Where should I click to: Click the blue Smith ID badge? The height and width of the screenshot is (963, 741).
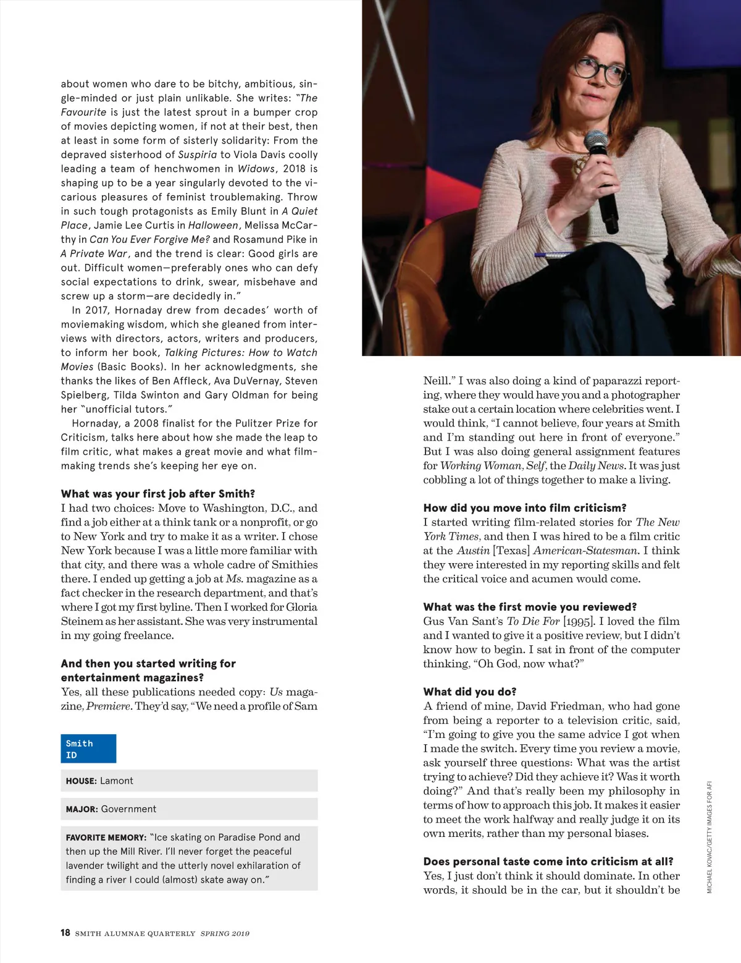pyautogui.click(x=88, y=749)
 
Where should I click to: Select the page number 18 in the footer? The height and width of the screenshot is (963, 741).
pyautogui.click(x=65, y=933)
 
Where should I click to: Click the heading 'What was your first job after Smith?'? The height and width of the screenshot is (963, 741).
pyautogui.click(x=158, y=493)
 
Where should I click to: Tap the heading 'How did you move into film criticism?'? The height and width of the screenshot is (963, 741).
pyautogui.click(x=525, y=507)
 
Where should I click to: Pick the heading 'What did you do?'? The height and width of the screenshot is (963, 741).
pyautogui.click(x=470, y=691)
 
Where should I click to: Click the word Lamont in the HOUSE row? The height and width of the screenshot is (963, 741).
pyautogui.click(x=117, y=781)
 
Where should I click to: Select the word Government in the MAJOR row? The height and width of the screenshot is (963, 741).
pyautogui.click(x=128, y=808)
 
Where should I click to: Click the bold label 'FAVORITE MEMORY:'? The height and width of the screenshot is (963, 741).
pyautogui.click(x=106, y=838)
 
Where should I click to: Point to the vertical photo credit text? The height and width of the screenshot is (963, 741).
pyautogui.click(x=710, y=838)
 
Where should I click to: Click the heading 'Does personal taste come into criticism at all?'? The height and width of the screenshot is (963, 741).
pyautogui.click(x=548, y=861)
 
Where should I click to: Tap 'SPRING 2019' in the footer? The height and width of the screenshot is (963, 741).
pyautogui.click(x=225, y=933)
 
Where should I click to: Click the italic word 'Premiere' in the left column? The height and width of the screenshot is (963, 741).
pyautogui.click(x=109, y=706)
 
